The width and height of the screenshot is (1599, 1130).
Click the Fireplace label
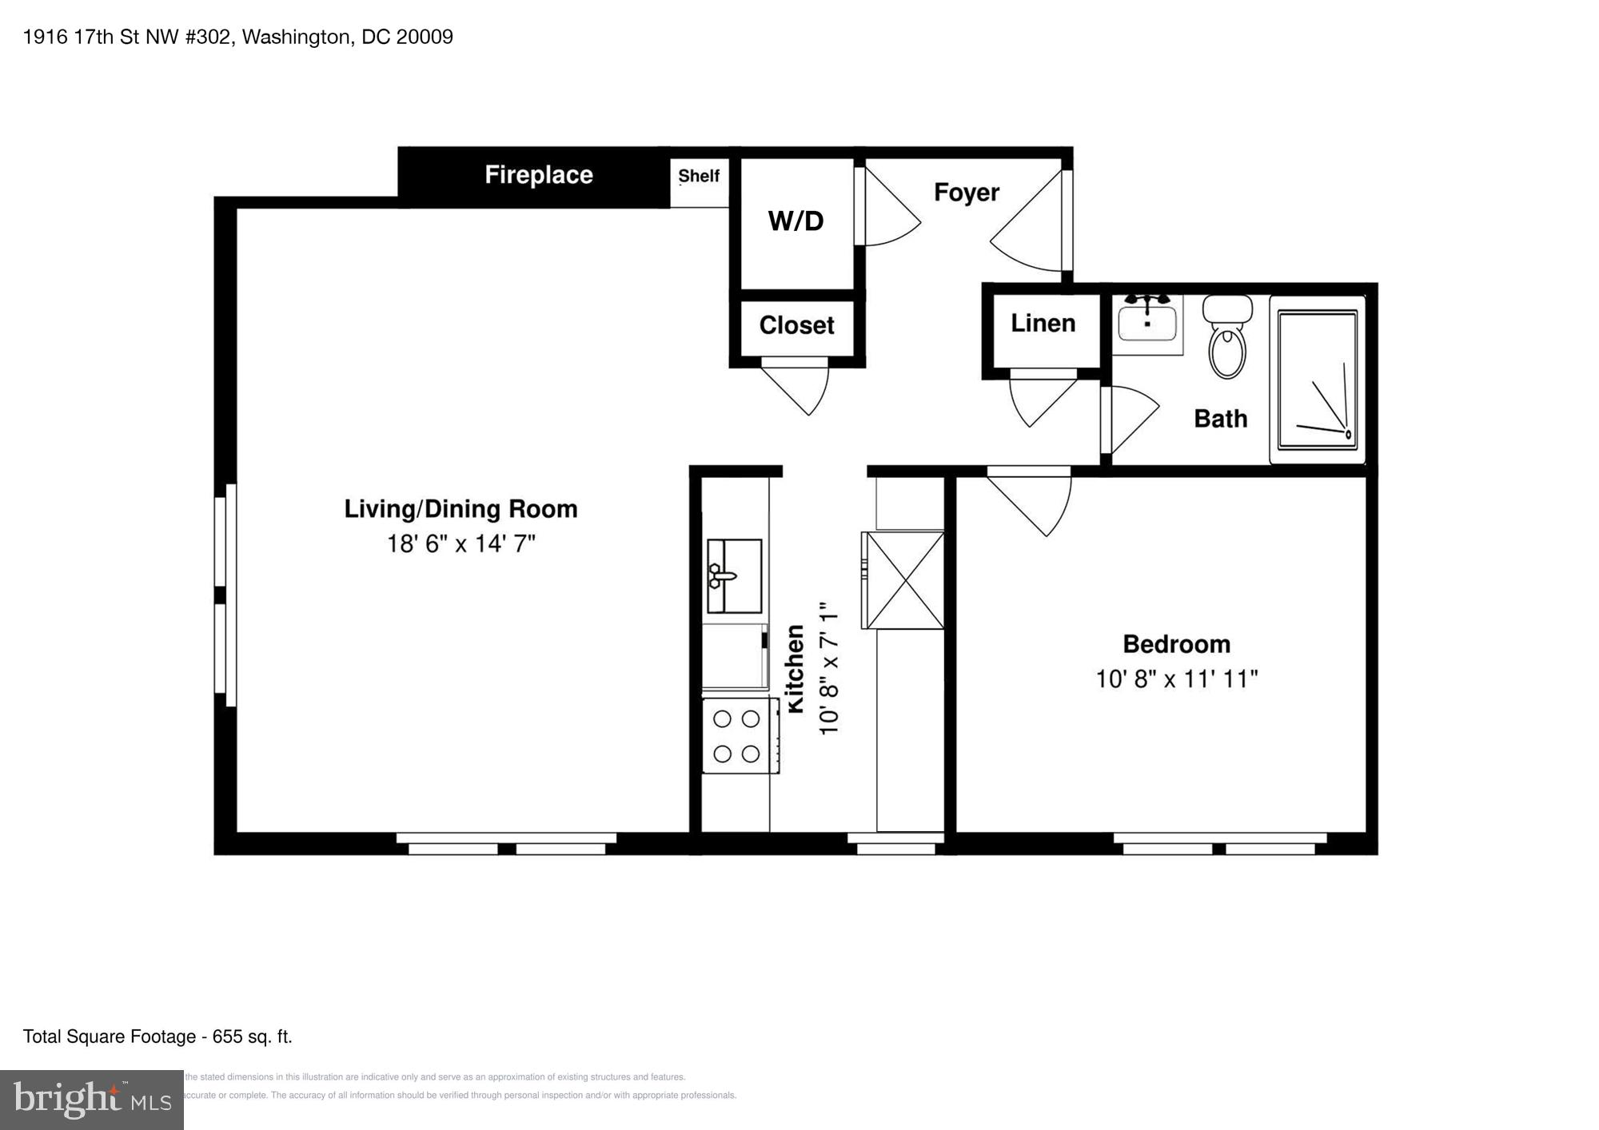click(539, 175)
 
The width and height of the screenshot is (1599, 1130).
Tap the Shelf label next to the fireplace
click(699, 176)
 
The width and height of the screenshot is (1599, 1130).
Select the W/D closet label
click(796, 221)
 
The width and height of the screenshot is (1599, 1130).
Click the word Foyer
click(967, 193)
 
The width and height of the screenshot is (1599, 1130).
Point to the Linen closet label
click(1043, 323)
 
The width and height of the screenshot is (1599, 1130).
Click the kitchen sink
click(734, 575)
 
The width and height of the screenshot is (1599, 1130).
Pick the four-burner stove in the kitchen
click(740, 736)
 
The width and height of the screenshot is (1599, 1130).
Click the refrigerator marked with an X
click(904, 580)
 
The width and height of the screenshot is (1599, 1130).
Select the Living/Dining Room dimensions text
click(461, 544)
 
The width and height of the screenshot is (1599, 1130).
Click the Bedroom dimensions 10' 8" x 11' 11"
click(1176, 679)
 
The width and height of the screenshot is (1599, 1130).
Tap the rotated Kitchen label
click(795, 669)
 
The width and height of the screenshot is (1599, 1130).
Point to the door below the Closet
click(799, 390)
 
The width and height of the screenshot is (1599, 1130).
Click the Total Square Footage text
click(158, 1036)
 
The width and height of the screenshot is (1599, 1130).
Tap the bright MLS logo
click(92, 1100)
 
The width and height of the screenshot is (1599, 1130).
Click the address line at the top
click(238, 38)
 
